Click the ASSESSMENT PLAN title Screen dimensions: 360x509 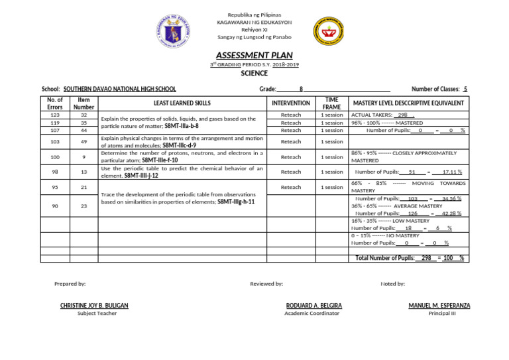pyautogui.click(x=254, y=56)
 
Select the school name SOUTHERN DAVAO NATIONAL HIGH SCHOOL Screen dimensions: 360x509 pyautogui.click(x=119, y=89)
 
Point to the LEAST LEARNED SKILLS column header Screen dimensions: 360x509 pyautogui.click(x=182, y=103)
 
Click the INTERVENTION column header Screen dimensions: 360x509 pyautogui.click(x=291, y=103)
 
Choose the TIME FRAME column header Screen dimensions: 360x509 pyautogui.click(x=331, y=103)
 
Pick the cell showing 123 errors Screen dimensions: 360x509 pyautogui.click(x=55, y=115)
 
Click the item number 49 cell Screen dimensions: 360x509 pyautogui.click(x=84, y=142)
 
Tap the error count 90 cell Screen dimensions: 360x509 pyautogui.click(x=55, y=206)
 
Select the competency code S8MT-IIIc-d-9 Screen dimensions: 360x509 pyautogui.click(x=179, y=145)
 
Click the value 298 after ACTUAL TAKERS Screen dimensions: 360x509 pyautogui.click(x=402, y=115)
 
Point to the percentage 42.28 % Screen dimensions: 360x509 pyautogui.click(x=451, y=213)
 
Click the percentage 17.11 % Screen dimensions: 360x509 pyautogui.click(x=451, y=172)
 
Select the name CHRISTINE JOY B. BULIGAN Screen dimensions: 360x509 pyautogui.click(x=94, y=306)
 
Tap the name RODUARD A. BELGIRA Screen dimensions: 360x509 pyautogui.click(x=313, y=306)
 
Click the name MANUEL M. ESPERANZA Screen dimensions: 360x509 pyautogui.click(x=439, y=306)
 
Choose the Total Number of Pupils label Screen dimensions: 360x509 pyautogui.click(x=385, y=258)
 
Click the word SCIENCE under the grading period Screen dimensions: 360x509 pyautogui.click(x=254, y=74)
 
